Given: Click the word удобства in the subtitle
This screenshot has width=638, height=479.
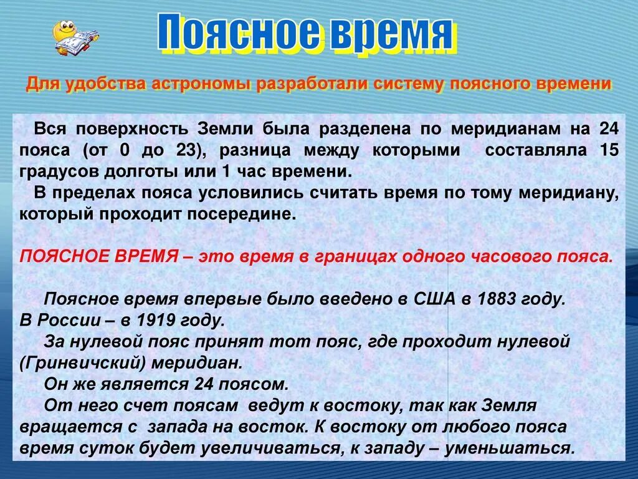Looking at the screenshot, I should pyautogui.click(x=104, y=84).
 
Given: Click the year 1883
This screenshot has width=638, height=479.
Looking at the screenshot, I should pyautogui.click(x=496, y=299).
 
